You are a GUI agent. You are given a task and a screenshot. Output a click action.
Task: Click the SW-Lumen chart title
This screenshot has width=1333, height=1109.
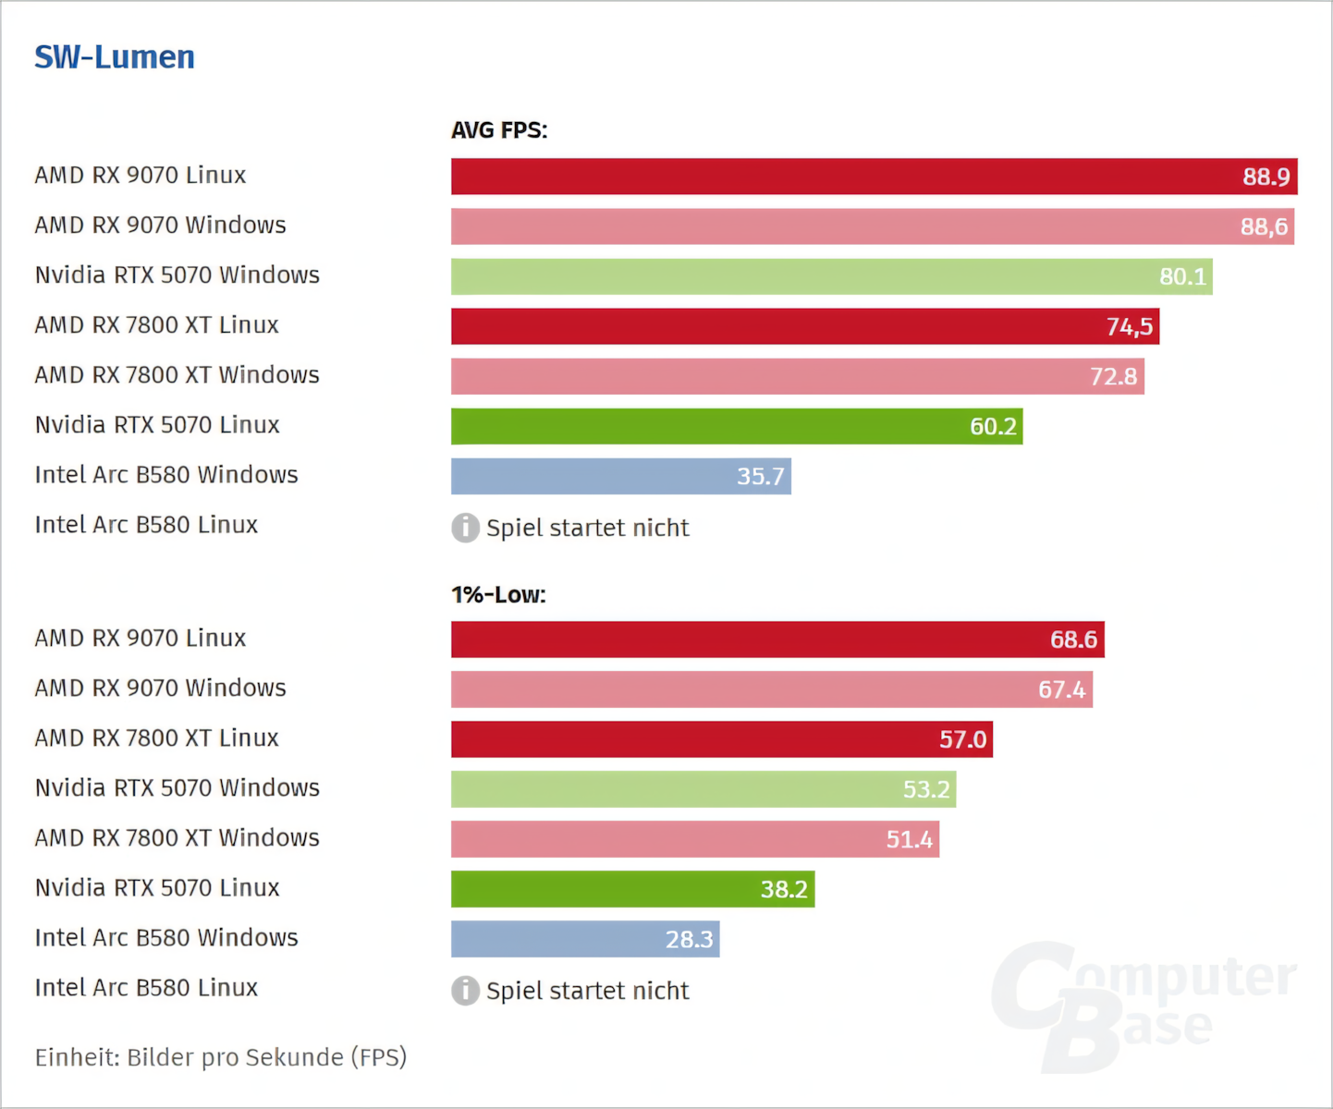(x=115, y=57)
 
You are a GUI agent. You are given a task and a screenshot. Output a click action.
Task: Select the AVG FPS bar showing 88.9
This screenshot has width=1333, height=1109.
(x=874, y=177)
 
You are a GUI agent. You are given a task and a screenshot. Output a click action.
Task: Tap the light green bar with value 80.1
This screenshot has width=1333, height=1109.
(x=831, y=276)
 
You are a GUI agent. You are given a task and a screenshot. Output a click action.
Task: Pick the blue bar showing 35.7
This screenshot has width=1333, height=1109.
(x=620, y=476)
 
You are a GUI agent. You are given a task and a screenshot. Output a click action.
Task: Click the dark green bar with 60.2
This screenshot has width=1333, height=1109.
(x=736, y=426)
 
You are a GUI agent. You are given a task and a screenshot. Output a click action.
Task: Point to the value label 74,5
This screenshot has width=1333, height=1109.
(x=1130, y=326)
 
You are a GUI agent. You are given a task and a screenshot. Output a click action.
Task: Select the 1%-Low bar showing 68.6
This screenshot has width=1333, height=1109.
(x=777, y=640)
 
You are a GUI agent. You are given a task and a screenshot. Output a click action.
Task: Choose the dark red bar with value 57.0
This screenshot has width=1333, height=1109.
(x=721, y=739)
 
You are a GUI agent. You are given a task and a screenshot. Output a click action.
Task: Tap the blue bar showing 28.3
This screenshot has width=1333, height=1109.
(x=584, y=939)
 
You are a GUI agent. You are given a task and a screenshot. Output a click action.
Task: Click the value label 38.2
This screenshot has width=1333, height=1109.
(x=784, y=889)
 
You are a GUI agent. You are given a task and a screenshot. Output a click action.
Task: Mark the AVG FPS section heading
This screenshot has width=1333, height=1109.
(x=499, y=130)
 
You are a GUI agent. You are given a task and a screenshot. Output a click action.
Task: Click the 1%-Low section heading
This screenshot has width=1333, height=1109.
(x=498, y=594)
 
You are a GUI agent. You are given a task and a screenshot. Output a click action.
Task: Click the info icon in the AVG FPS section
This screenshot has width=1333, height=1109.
(x=465, y=528)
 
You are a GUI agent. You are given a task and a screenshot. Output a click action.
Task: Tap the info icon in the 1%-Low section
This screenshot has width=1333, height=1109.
(x=465, y=991)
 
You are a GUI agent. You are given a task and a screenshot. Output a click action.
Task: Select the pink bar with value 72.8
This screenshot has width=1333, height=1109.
(x=797, y=376)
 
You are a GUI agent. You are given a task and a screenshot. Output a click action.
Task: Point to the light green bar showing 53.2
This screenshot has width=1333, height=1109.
(x=703, y=789)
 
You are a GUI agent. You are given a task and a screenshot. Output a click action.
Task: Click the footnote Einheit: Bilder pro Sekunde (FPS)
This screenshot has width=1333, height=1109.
(x=221, y=1057)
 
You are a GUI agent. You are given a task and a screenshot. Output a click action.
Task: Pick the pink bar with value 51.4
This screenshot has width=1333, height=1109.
(x=694, y=839)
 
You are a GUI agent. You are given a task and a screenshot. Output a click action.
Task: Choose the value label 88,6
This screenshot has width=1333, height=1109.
(x=1264, y=226)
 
